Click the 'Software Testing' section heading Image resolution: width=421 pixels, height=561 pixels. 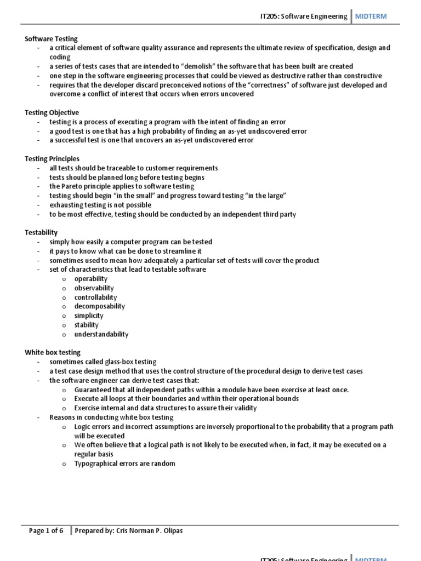click(52, 39)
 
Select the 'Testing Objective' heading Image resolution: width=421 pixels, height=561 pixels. click(52, 112)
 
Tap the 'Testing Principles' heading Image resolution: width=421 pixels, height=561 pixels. click(52, 159)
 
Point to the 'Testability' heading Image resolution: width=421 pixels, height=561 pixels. click(41, 232)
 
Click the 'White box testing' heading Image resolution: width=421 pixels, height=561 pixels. click(53, 352)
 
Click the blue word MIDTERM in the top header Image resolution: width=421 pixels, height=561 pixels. click(371, 16)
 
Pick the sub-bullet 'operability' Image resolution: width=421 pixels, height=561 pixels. click(91, 279)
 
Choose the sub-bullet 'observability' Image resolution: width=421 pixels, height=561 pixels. click(94, 288)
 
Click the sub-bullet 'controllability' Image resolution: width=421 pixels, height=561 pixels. click(96, 297)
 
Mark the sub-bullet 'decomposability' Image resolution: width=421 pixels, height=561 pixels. click(100, 306)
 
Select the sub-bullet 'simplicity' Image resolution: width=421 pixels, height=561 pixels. click(89, 316)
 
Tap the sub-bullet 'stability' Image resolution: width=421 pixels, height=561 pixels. click(87, 325)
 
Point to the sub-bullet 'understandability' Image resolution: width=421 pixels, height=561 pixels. click(101, 334)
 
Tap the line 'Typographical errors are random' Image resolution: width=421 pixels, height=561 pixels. click(125, 463)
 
